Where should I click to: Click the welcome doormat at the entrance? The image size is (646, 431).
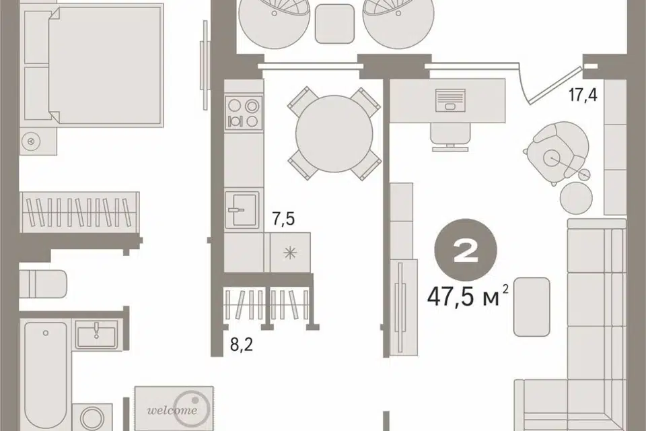coord(174,408)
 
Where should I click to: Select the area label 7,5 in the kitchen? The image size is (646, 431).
coord(283,219)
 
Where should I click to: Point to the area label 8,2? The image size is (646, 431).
coord(242,345)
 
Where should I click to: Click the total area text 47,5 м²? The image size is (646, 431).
coord(468,296)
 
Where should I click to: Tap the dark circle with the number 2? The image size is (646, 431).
coord(466,250)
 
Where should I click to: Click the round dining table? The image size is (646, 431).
coord(334,134)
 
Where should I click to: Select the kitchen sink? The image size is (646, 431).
coord(242,210)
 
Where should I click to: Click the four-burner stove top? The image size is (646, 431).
coord(244,114)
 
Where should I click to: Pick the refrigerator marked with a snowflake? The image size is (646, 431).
coord(290,253)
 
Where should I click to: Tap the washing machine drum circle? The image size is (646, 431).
coord(92,419)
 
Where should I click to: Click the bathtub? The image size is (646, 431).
coord(45,376)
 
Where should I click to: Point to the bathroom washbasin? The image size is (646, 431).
coord(96,333)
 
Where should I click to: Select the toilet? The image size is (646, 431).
coord(43,284)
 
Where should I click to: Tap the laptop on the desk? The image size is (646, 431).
coord(450,100)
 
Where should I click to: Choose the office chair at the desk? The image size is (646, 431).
coord(450,137)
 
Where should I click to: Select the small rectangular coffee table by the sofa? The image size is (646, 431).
coord(532,307)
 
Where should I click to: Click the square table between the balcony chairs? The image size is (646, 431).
coord(334,24)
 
